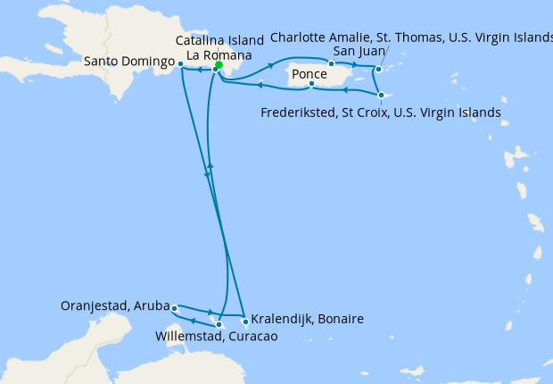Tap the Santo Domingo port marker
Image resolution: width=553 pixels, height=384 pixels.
pyautogui.click(x=180, y=64)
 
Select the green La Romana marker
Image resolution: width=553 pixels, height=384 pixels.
pyautogui.click(x=219, y=64)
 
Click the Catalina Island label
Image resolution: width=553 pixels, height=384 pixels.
pyautogui.click(x=219, y=41)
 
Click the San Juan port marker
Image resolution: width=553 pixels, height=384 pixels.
pyautogui.click(x=331, y=63)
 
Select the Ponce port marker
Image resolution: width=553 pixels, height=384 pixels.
pyautogui.click(x=311, y=85)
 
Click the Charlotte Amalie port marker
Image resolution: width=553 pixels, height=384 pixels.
pyautogui.click(x=379, y=69)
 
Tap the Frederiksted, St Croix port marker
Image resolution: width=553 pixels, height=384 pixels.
pyautogui.click(x=381, y=95)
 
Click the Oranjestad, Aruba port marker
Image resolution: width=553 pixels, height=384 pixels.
pyautogui.click(x=174, y=308)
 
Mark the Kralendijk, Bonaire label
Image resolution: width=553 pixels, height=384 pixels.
pyautogui.click(x=307, y=319)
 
